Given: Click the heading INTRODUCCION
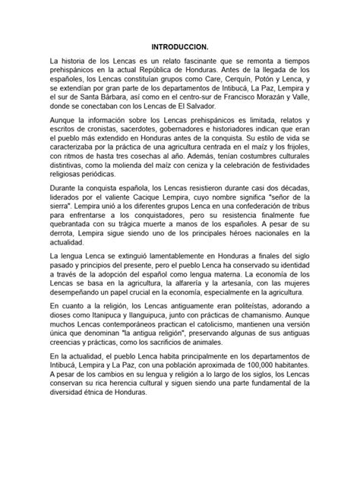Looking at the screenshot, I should [179, 47].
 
